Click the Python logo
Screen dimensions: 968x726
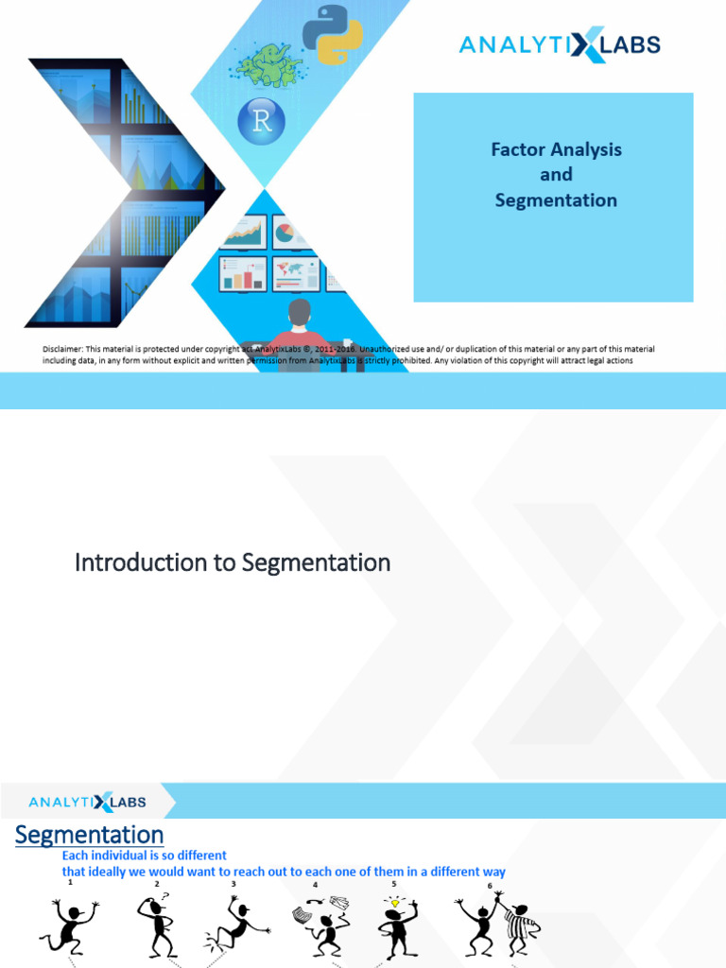click(332, 35)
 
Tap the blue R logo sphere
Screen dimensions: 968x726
click(261, 122)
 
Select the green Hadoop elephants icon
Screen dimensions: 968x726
click(269, 65)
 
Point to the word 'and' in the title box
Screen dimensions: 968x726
click(556, 175)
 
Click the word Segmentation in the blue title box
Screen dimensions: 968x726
click(556, 200)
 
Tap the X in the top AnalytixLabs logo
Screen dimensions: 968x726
click(589, 44)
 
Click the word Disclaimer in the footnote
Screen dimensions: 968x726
click(62, 350)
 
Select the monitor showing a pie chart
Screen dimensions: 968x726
click(294, 232)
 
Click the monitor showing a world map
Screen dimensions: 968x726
click(296, 274)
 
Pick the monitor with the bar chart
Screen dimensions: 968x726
click(243, 274)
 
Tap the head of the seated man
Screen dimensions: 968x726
click(300, 312)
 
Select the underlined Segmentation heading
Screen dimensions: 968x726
click(89, 836)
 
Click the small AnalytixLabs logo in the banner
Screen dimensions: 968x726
click(87, 803)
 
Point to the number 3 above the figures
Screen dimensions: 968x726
click(233, 885)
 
